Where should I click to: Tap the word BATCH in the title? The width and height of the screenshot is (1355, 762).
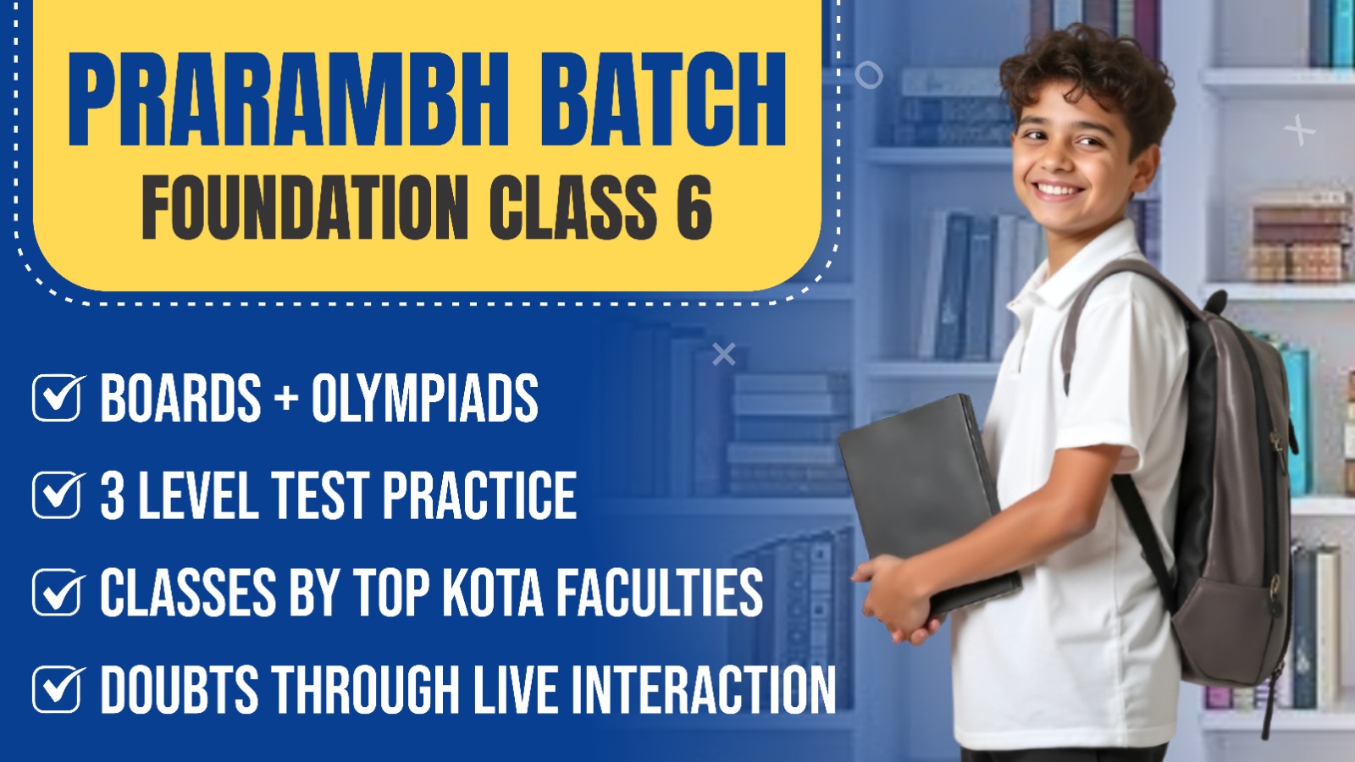click(x=663, y=100)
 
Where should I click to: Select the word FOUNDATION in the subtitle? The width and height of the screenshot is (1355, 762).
click(x=305, y=207)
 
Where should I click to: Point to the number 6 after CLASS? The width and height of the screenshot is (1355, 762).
click(x=694, y=207)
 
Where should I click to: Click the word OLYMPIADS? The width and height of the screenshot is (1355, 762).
click(x=424, y=397)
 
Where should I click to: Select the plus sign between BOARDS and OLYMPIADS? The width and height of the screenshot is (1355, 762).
click(x=285, y=400)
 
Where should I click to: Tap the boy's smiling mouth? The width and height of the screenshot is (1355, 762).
click(x=1058, y=190)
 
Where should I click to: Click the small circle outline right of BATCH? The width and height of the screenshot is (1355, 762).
click(x=869, y=75)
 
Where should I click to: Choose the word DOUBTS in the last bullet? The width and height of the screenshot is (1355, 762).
click(x=180, y=689)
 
